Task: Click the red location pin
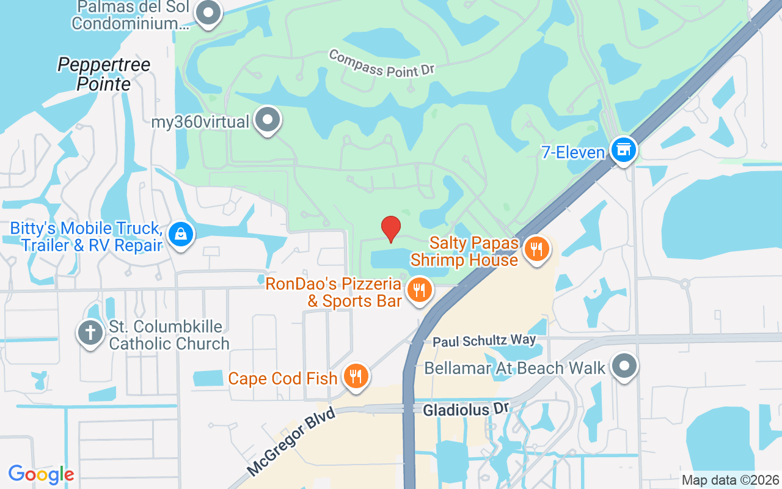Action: click(391, 229)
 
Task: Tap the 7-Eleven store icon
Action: click(623, 150)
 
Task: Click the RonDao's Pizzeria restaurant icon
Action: click(418, 290)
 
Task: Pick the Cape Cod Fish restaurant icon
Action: click(355, 376)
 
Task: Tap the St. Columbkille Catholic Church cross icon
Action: click(90, 334)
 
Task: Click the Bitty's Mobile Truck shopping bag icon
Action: click(181, 233)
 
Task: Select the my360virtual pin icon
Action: click(267, 120)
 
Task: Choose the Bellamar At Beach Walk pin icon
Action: click(624, 367)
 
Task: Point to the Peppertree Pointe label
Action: click(104, 74)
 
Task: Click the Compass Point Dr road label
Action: click(381, 64)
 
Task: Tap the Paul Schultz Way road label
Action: click(484, 340)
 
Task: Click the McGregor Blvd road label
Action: click(292, 441)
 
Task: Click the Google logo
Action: click(41, 474)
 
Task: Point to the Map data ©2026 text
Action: click(730, 480)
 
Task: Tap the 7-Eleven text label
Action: click(572, 152)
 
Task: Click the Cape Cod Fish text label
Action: click(282, 378)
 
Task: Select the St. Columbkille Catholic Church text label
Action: click(169, 335)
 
